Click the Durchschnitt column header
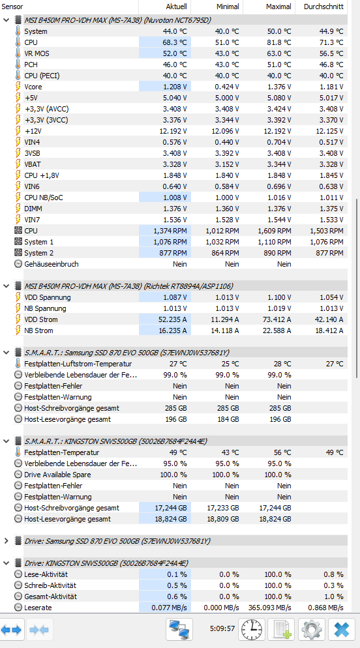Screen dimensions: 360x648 pyautogui.click(x=323, y=7)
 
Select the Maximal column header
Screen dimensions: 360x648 pyautogui.click(x=278, y=7)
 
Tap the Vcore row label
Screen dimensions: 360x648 pyautogui.click(x=33, y=87)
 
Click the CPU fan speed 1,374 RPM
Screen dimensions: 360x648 pyautogui.click(x=170, y=231)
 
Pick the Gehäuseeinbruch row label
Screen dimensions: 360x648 pyautogui.click(x=52, y=263)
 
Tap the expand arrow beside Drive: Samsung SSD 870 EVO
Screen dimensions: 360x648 pyautogui.click(x=7, y=541)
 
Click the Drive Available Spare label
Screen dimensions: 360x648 pyautogui.click(x=57, y=475)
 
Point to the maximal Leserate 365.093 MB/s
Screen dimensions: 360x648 pyautogui.click(x=269, y=608)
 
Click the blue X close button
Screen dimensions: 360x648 pyautogui.click(x=342, y=629)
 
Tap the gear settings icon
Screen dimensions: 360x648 pyautogui.click(x=312, y=629)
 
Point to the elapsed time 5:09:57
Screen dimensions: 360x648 pyautogui.click(x=222, y=628)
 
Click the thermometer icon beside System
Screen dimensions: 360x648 pyautogui.click(x=18, y=31)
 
